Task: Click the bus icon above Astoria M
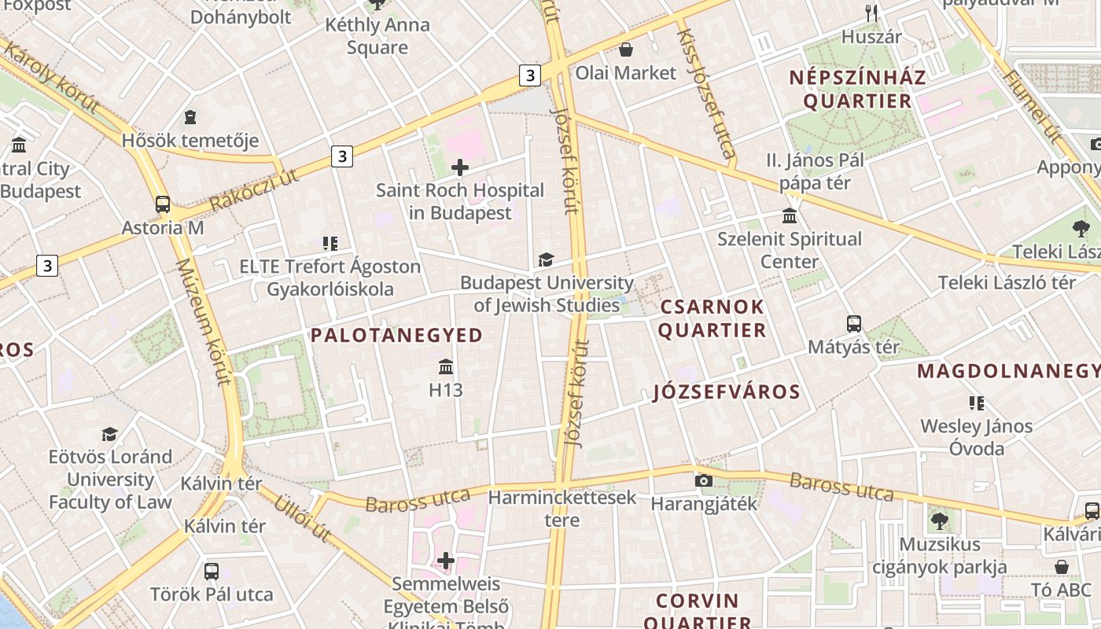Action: point(163,204)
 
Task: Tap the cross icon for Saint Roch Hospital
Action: point(460,167)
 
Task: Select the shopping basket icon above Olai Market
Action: point(626,50)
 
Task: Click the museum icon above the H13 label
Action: point(446,366)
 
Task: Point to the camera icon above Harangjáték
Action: point(704,480)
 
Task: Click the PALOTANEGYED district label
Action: point(396,336)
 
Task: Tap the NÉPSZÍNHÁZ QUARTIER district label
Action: point(857,89)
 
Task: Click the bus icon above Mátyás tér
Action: point(854,323)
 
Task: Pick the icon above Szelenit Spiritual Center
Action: point(790,215)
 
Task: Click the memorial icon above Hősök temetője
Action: point(190,118)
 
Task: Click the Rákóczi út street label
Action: point(253,191)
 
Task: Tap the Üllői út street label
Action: point(301,518)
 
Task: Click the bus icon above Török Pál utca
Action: point(212,571)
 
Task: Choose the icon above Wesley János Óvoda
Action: point(977,403)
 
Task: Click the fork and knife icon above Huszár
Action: point(871,13)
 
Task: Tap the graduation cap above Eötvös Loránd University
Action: point(110,434)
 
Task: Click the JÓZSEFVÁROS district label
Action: point(727,392)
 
